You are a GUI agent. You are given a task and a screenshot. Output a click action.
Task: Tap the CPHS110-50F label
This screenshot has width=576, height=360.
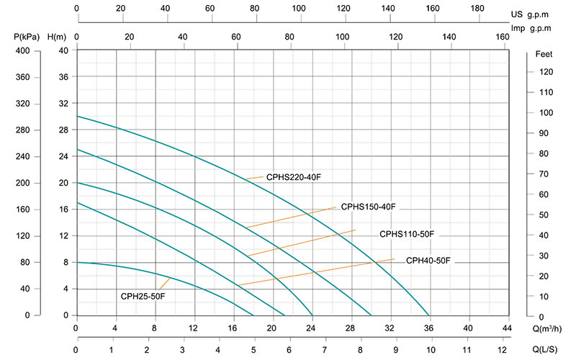pyautogui.click(x=408, y=234)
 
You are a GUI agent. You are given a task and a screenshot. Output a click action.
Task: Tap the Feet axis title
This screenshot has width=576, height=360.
pyautogui.click(x=545, y=54)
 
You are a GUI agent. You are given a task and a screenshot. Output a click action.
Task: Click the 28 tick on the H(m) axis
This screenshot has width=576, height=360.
pyautogui.click(x=63, y=130)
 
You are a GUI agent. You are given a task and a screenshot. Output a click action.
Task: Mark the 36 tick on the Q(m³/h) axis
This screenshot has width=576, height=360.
pyautogui.click(x=429, y=329)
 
